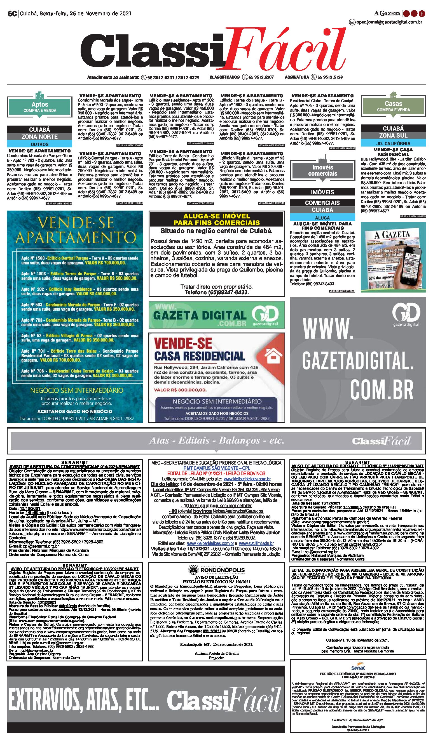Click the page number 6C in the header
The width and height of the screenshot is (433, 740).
(x=12, y=13)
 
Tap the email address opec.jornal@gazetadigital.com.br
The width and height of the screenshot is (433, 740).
(x=389, y=22)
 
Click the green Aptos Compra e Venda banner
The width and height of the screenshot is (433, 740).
(x=40, y=107)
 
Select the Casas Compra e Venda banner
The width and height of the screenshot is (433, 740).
(x=393, y=106)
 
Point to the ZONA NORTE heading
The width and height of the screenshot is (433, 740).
(x=39, y=136)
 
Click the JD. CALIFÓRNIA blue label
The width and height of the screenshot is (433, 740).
(x=393, y=143)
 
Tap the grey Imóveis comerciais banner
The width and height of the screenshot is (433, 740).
(x=322, y=170)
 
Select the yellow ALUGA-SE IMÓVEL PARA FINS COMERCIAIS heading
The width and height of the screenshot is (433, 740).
(x=217, y=219)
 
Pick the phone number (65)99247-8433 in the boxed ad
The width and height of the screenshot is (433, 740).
(x=216, y=293)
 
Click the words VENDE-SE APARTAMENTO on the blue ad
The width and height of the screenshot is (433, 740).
(x=75, y=230)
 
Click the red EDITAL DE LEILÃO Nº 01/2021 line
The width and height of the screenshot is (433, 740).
(x=216, y=473)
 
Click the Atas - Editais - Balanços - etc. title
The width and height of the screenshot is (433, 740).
(x=217, y=440)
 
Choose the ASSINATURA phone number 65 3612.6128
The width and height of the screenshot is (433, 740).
(x=330, y=77)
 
